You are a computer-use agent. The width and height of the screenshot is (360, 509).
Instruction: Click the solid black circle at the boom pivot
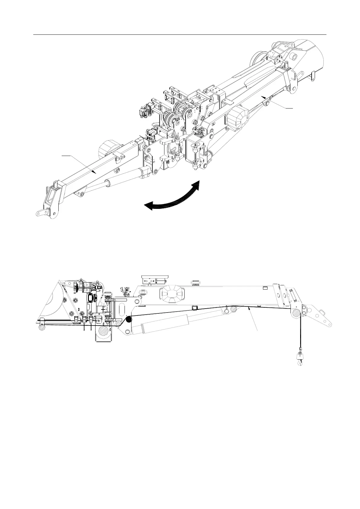tap(128, 319)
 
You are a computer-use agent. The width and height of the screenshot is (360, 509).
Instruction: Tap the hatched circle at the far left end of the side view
tap(41, 326)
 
